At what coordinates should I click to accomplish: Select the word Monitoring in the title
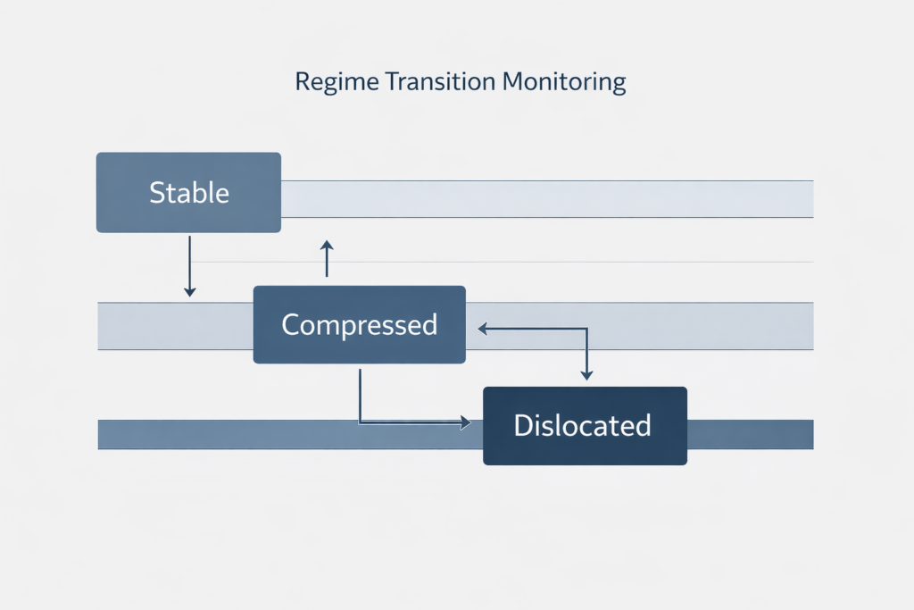[x=563, y=83]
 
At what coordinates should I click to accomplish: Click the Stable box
[x=188, y=193]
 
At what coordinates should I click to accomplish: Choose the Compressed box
[x=359, y=324]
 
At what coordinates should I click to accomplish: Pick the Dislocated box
[x=585, y=425]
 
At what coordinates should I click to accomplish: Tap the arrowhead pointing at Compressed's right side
[x=483, y=329]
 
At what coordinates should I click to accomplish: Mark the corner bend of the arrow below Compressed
[x=361, y=422]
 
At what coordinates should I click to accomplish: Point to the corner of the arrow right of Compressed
[x=586, y=329]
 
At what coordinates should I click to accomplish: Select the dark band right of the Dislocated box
[x=750, y=434]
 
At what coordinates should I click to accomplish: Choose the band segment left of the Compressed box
[x=174, y=326]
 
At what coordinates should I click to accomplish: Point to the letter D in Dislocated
[x=523, y=425]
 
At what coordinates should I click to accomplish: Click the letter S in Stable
[x=157, y=193]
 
